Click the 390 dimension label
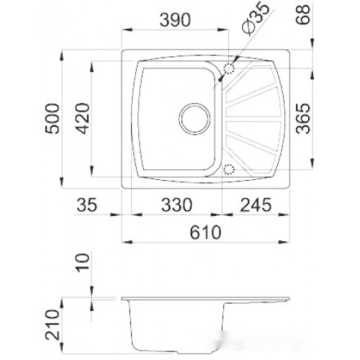point(174,19)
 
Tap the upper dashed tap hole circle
point(230,68)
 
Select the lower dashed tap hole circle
point(230,170)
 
